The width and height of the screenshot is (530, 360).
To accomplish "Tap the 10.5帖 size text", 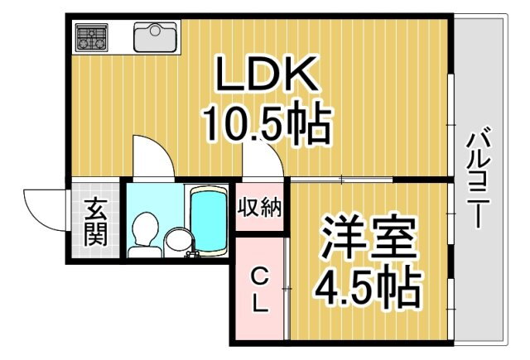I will tap(267, 124).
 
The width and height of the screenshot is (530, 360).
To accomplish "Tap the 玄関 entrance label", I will tap(94, 221).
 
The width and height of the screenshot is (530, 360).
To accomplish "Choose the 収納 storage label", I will tap(260, 206).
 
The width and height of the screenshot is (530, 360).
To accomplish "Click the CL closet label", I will tap(259, 288).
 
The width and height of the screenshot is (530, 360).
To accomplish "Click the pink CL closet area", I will tap(259, 288).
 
